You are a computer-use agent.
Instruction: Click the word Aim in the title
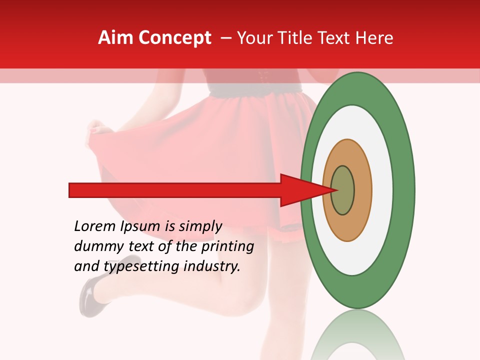(116, 38)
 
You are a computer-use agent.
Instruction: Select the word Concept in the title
(174, 38)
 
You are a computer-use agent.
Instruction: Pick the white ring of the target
(385, 190)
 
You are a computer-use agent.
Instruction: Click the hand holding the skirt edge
(100, 130)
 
